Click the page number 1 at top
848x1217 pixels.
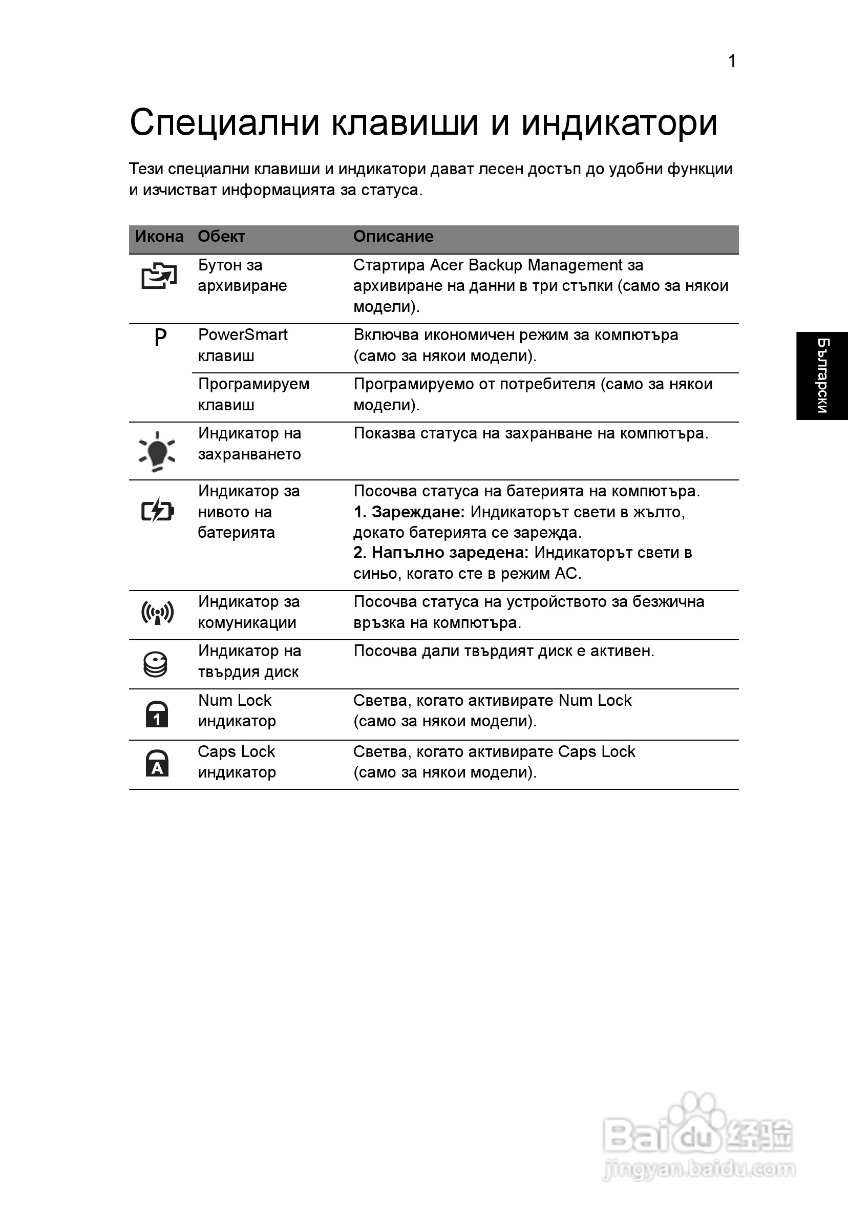(x=732, y=61)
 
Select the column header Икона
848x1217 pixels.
(x=159, y=237)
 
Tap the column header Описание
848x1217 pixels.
(x=393, y=237)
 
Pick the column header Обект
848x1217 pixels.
(x=221, y=237)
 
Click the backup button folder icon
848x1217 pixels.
(x=158, y=276)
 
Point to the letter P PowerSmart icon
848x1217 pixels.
(x=160, y=337)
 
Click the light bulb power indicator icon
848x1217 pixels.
(x=157, y=451)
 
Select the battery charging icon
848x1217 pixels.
(x=157, y=511)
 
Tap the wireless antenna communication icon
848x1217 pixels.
(x=157, y=613)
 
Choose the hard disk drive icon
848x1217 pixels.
(x=156, y=664)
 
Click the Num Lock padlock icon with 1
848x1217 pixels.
(x=157, y=714)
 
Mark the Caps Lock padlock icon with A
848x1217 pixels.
(x=157, y=763)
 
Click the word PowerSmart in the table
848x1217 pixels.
(x=243, y=335)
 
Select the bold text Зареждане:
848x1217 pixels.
(x=418, y=512)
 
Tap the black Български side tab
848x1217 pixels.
(x=822, y=376)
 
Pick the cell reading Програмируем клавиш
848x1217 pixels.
(x=253, y=394)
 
